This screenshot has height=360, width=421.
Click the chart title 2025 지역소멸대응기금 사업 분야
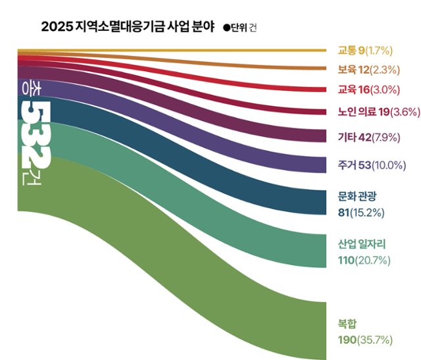[122, 27]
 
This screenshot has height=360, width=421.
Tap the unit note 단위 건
[240, 28]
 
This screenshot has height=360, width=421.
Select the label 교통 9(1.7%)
[365, 50]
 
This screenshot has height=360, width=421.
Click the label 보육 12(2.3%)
[367, 69]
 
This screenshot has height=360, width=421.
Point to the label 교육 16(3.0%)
[367, 90]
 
